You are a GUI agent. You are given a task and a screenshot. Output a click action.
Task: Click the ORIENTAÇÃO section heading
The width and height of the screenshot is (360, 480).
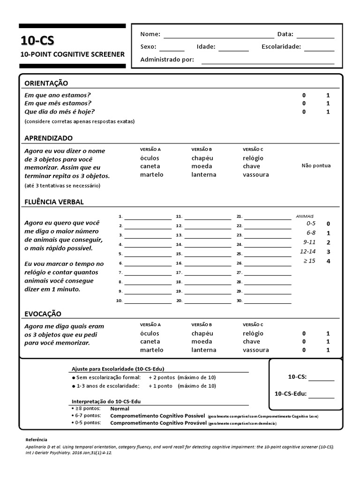point(46,83)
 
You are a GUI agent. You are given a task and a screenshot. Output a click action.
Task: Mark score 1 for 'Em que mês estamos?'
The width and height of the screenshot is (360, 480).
point(328,103)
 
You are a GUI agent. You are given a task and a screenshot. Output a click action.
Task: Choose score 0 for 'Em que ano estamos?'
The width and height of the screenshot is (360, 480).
point(304,95)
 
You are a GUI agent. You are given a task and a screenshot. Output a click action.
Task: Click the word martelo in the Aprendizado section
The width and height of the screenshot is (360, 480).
point(151,175)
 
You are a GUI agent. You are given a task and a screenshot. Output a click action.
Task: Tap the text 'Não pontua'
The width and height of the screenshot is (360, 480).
point(316,165)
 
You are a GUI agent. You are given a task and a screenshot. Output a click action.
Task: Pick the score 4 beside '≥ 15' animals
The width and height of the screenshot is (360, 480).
point(328,261)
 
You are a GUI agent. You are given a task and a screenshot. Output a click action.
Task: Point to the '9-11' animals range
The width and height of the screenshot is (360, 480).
point(310,242)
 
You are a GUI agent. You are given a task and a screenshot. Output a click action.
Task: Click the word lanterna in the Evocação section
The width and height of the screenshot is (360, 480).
point(203,350)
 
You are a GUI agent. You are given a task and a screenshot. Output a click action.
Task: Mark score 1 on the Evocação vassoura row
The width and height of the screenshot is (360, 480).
point(328,350)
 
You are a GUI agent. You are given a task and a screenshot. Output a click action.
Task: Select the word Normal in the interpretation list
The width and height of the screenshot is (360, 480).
point(120,409)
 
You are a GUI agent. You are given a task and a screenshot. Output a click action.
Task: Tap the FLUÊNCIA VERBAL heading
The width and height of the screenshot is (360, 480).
point(54,202)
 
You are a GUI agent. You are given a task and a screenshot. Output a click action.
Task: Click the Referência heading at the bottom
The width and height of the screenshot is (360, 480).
point(36,439)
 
